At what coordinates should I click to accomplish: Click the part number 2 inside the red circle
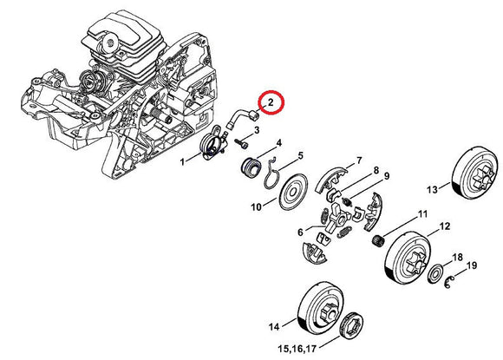click(x=271, y=102)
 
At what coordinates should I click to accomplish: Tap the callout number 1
click(x=182, y=162)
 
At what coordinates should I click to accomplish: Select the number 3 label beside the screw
click(x=257, y=130)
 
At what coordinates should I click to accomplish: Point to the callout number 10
click(x=256, y=207)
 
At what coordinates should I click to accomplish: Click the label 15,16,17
click(x=298, y=348)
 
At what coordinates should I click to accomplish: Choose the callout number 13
click(x=432, y=190)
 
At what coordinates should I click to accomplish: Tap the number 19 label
click(x=472, y=265)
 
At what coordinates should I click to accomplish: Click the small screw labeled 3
click(x=242, y=144)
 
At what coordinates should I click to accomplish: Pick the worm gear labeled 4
click(x=251, y=167)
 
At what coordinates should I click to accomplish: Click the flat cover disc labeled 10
click(x=293, y=192)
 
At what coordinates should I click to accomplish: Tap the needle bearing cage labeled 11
click(x=378, y=240)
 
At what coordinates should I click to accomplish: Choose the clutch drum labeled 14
click(x=322, y=307)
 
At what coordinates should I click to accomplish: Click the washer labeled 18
click(x=436, y=274)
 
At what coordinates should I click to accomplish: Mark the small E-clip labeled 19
click(x=449, y=282)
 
